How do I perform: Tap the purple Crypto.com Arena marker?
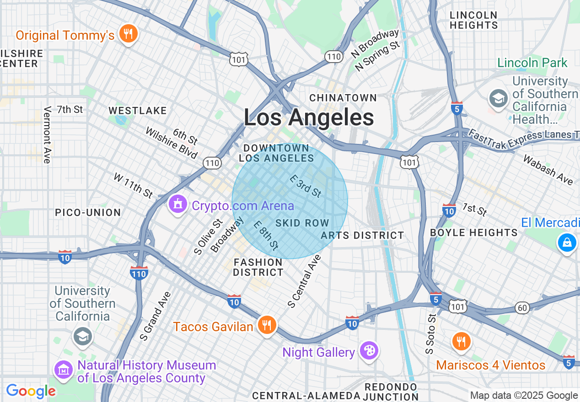(x=178, y=204)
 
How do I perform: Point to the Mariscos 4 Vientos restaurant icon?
(x=462, y=341)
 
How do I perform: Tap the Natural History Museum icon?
(x=64, y=370)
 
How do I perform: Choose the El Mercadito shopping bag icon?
(x=567, y=242)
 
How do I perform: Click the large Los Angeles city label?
(x=309, y=117)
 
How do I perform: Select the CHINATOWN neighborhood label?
(x=343, y=98)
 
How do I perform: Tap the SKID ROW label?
(x=302, y=223)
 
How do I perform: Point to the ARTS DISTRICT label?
(x=362, y=235)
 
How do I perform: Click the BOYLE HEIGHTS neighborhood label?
(x=474, y=233)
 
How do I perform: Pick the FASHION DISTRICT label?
(x=258, y=267)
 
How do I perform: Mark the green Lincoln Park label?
(x=532, y=63)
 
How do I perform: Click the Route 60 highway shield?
(x=522, y=308)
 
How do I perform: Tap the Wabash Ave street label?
(x=548, y=170)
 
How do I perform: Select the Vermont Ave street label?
(x=47, y=135)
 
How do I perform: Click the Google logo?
(x=31, y=391)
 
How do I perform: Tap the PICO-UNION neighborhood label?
(x=88, y=212)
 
